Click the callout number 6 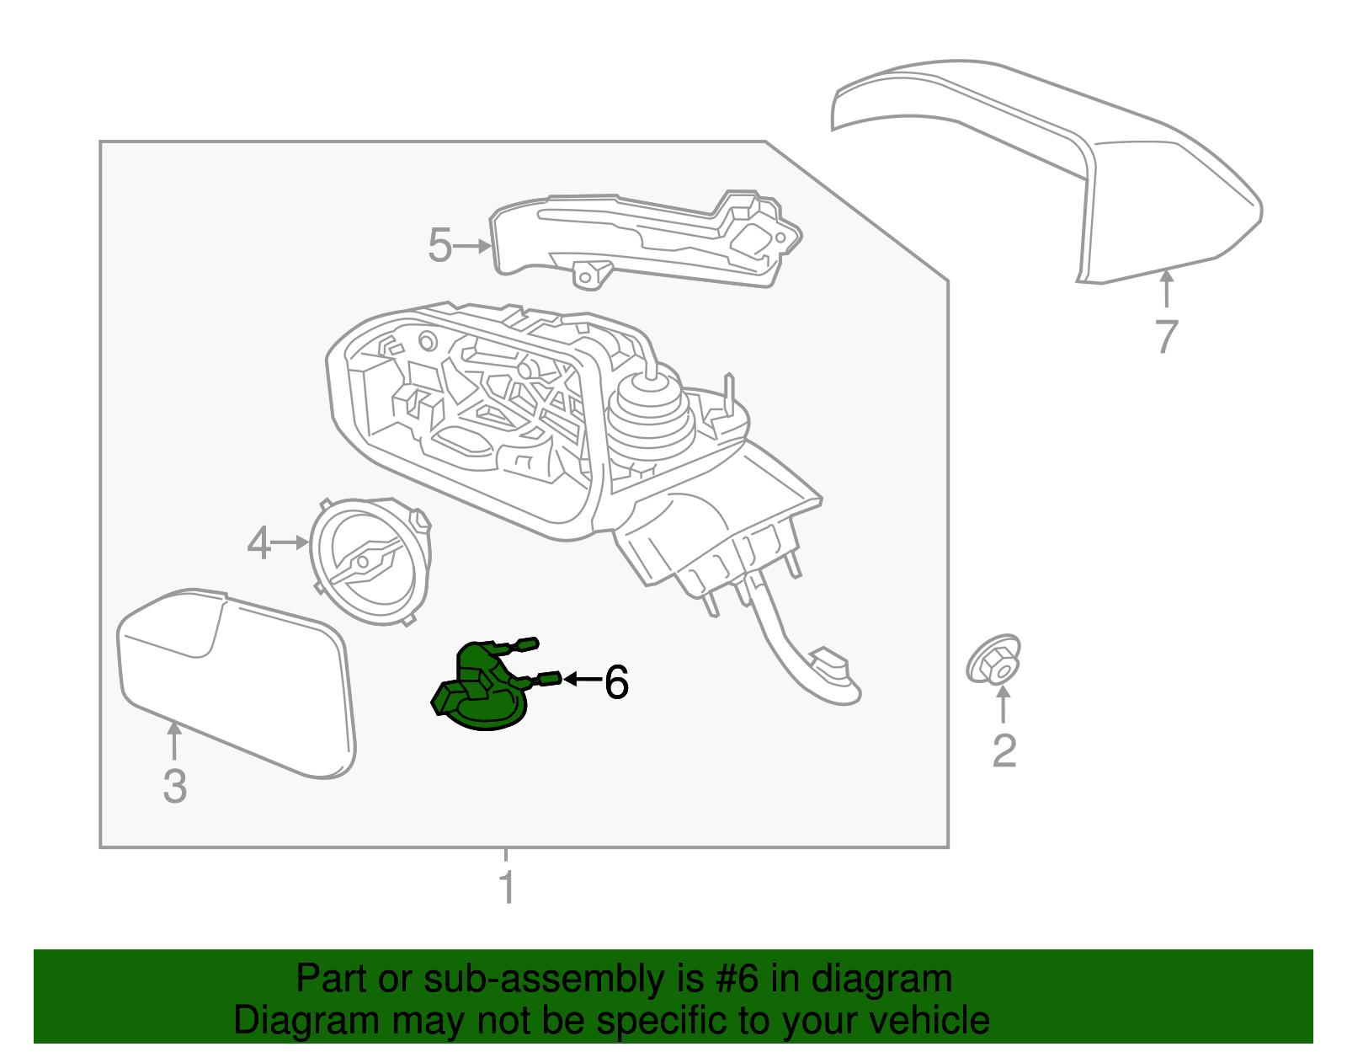point(616,681)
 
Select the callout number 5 point(439,245)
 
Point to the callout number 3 point(174,785)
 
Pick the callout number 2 point(1004,750)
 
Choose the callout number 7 point(1166,336)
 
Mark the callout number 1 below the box point(507,887)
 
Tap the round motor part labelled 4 point(370,560)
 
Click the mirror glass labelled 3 point(236,682)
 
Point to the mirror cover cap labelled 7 point(1094,168)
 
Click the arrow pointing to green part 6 point(583,679)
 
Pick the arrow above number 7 point(1166,288)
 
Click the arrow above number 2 point(1003,705)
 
